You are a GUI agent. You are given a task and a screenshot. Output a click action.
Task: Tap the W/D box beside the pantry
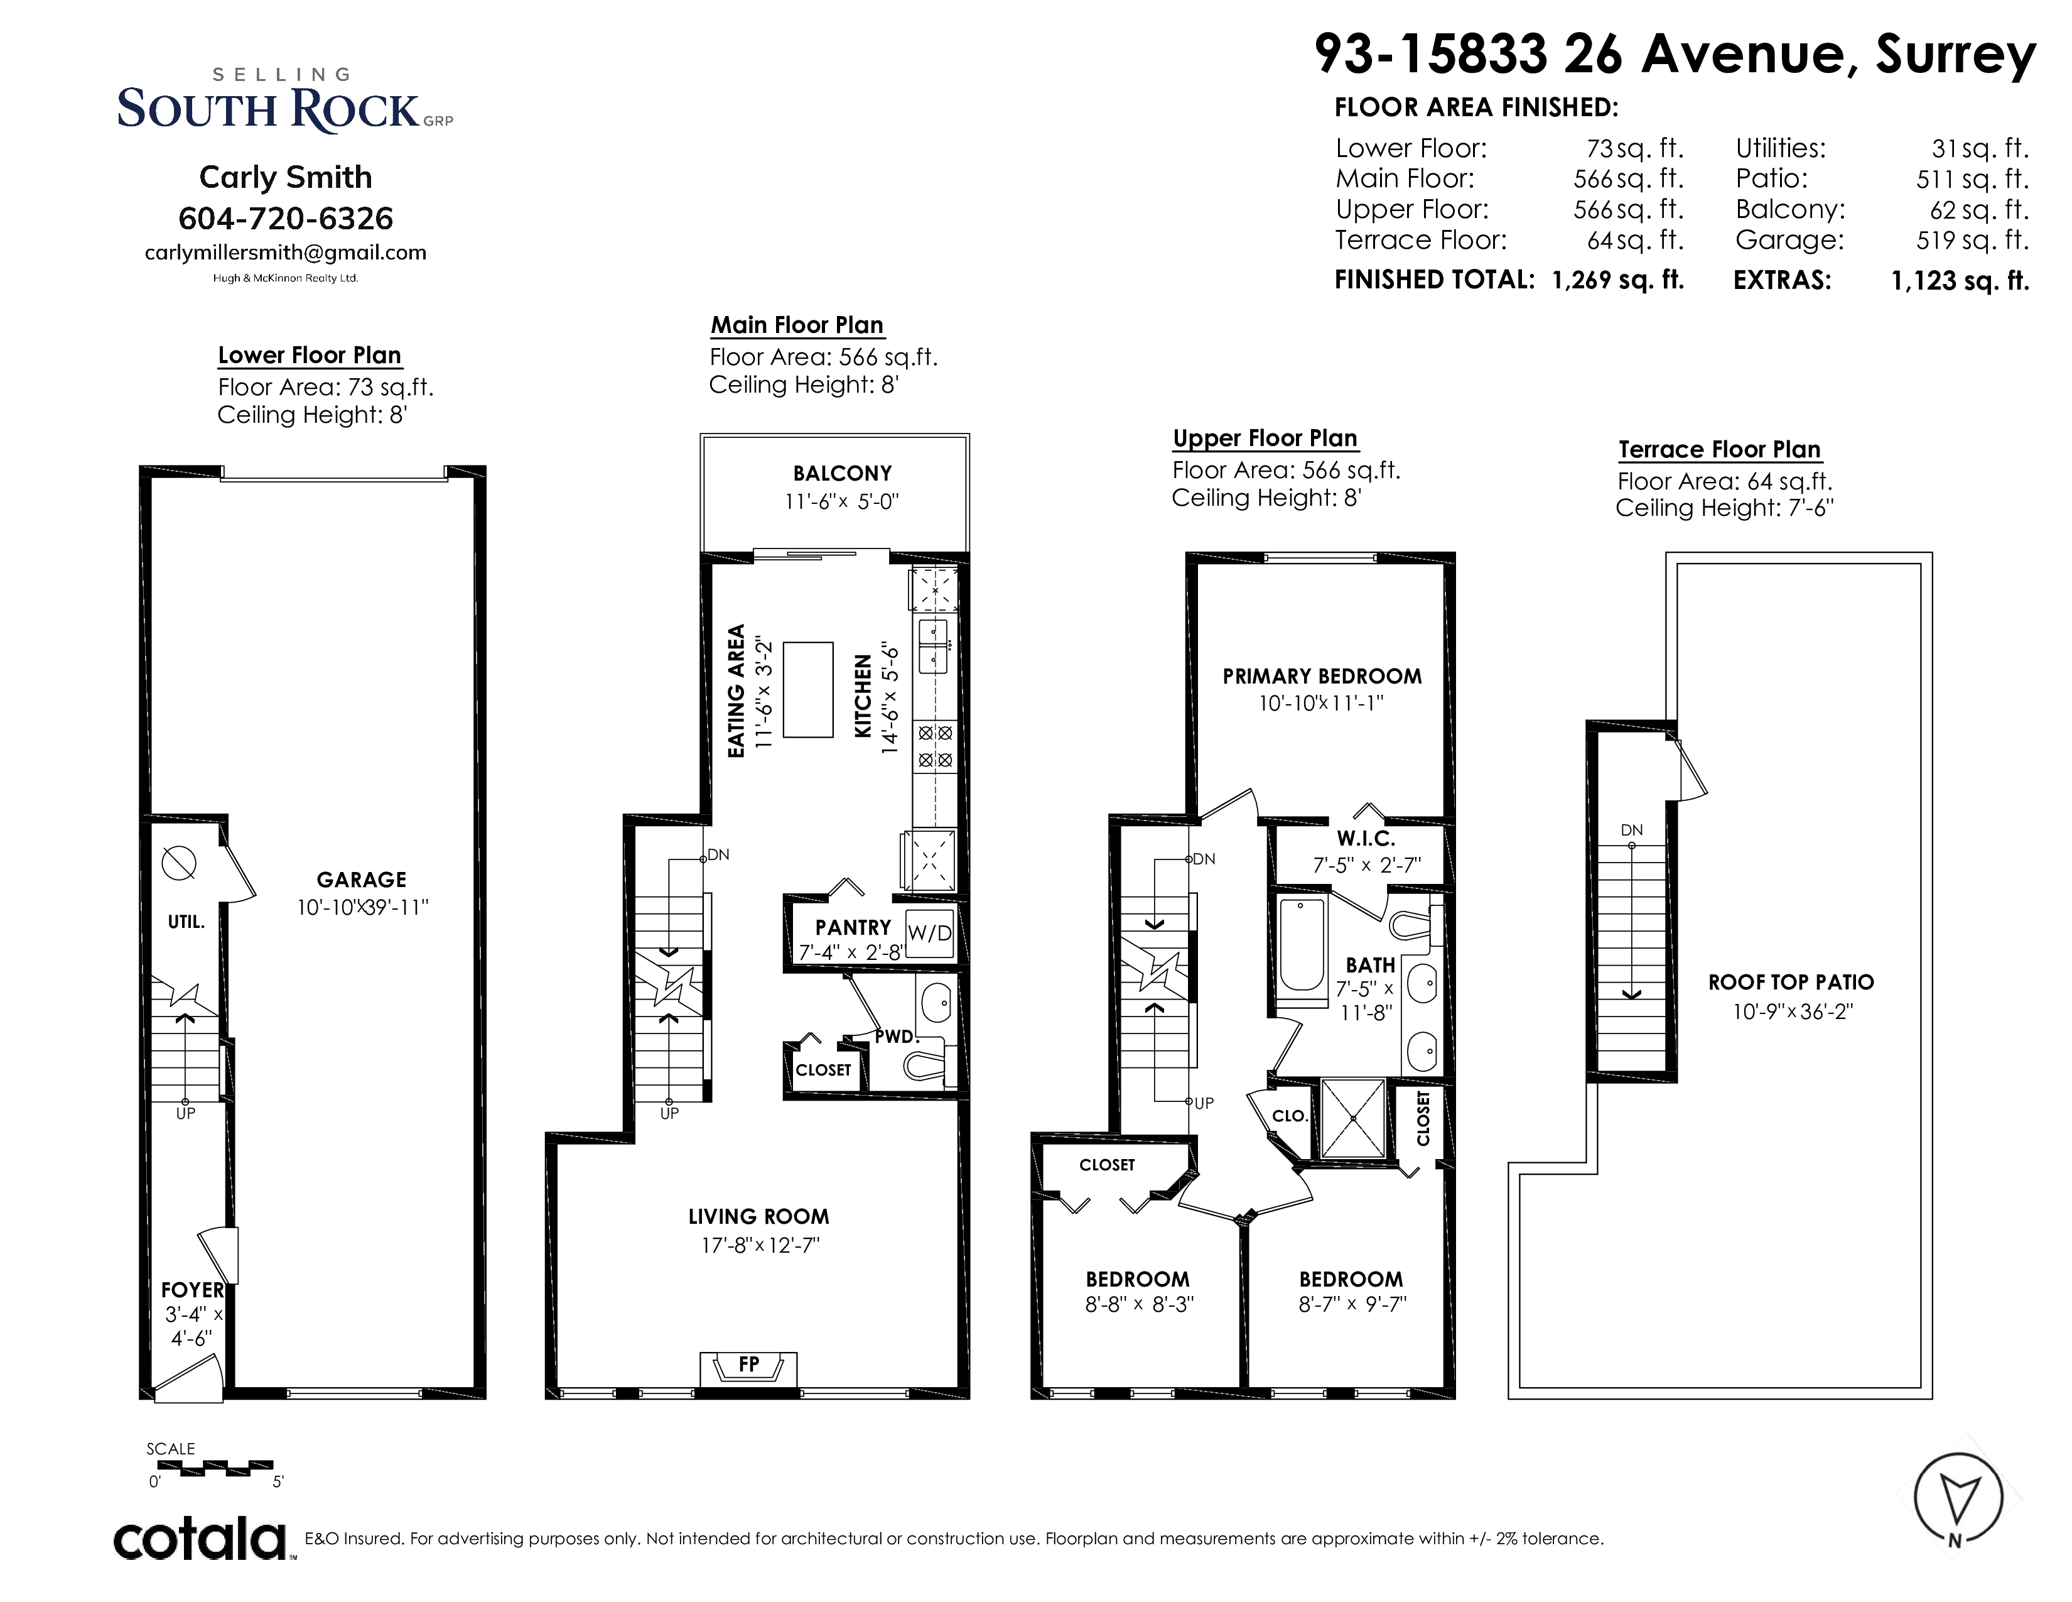tap(930, 933)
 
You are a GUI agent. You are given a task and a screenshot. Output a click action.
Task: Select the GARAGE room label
tap(362, 880)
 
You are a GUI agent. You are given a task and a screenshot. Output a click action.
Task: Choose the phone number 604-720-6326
tap(286, 218)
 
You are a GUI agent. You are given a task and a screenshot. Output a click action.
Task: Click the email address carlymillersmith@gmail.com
tap(286, 253)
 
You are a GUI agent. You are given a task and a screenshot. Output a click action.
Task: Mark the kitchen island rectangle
tap(807, 690)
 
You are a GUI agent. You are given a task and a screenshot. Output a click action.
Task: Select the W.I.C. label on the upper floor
tap(1366, 839)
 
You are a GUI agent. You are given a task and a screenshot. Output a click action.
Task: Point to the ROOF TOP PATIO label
tap(1791, 983)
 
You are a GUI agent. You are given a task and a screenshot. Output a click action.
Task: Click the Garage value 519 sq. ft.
tap(1972, 240)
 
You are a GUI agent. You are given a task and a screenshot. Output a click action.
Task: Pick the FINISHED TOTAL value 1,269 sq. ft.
tap(1619, 280)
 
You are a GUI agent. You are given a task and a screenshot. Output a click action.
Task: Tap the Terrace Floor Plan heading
tap(1719, 450)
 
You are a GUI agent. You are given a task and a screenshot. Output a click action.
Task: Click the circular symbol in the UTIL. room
tap(180, 863)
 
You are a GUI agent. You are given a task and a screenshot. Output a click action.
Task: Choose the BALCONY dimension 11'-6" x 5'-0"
tap(841, 501)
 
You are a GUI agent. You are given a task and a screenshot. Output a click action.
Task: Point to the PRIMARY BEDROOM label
tap(1322, 677)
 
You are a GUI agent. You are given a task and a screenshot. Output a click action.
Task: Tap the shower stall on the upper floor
tap(1353, 1118)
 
